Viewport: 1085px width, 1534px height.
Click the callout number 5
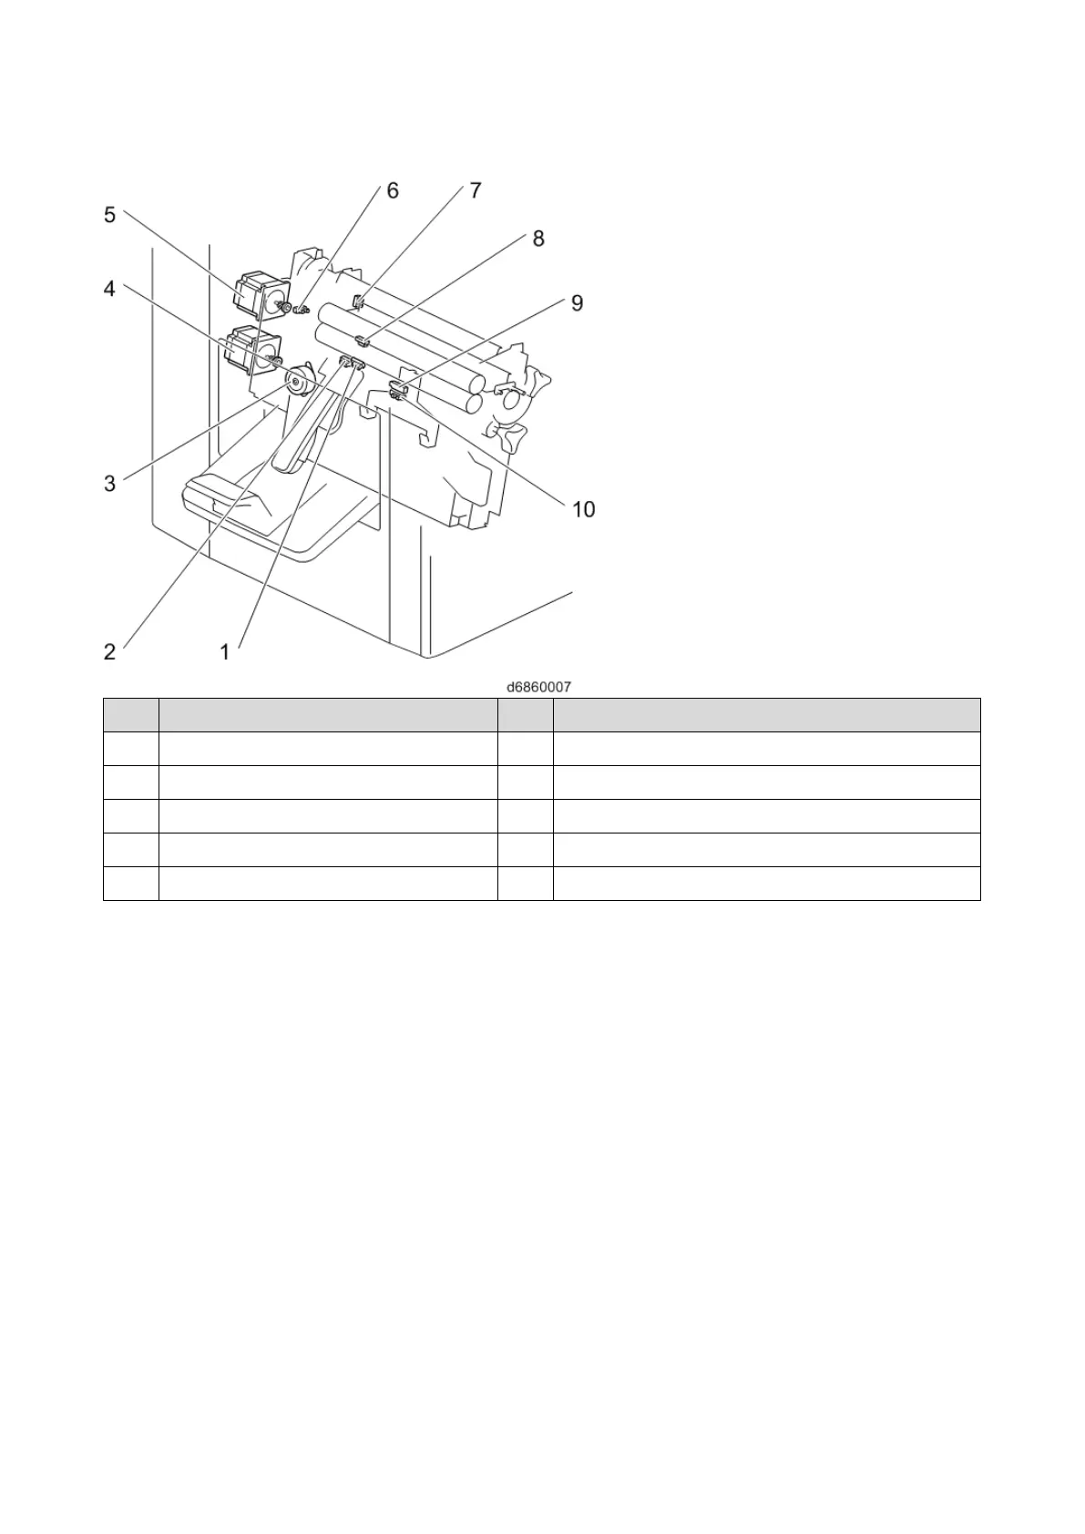tap(109, 215)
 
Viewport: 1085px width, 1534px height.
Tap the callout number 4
tap(109, 289)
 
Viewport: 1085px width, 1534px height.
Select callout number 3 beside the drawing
tap(109, 483)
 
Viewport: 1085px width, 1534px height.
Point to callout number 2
tap(109, 651)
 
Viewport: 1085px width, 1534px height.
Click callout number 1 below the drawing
tap(224, 651)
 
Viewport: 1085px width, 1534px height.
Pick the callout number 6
tap(393, 190)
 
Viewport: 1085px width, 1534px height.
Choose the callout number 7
tap(476, 190)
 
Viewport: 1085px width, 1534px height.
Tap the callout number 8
tap(538, 239)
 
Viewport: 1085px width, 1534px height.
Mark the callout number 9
tap(577, 302)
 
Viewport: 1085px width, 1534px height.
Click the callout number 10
tap(583, 509)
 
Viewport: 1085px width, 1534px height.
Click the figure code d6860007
tap(539, 686)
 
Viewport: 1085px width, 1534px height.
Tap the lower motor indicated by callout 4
tap(251, 349)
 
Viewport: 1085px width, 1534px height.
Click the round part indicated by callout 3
tap(295, 382)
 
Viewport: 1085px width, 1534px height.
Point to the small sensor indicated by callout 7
tap(358, 302)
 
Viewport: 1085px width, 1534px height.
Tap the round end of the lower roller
tap(474, 402)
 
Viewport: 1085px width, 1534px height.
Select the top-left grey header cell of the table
tap(130, 714)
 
